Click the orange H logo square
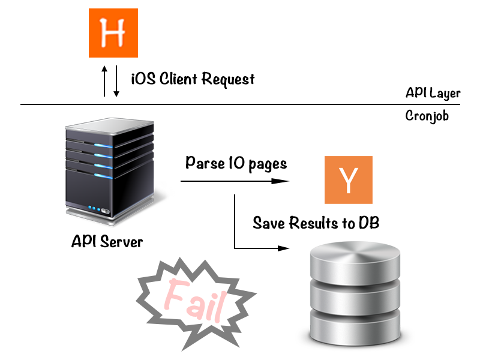click(x=113, y=33)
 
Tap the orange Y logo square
click(x=349, y=179)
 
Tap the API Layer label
click(x=433, y=93)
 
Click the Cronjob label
click(x=427, y=115)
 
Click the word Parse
click(x=205, y=163)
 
